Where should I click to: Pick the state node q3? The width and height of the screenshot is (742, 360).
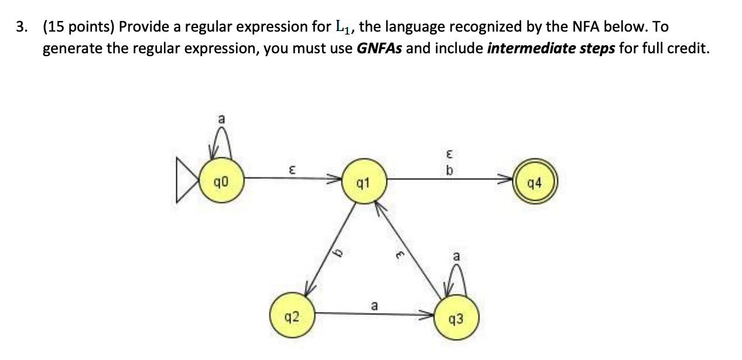point(457,319)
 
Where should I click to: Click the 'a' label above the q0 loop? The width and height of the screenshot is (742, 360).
point(221,119)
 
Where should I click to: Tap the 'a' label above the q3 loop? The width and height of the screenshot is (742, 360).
point(456,257)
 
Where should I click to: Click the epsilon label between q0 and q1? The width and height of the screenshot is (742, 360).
point(291,169)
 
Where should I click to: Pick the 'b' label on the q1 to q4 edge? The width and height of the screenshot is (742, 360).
point(449,170)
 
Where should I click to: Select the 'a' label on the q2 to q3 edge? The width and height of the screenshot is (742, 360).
point(374,305)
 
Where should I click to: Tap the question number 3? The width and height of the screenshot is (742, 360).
point(22,27)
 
